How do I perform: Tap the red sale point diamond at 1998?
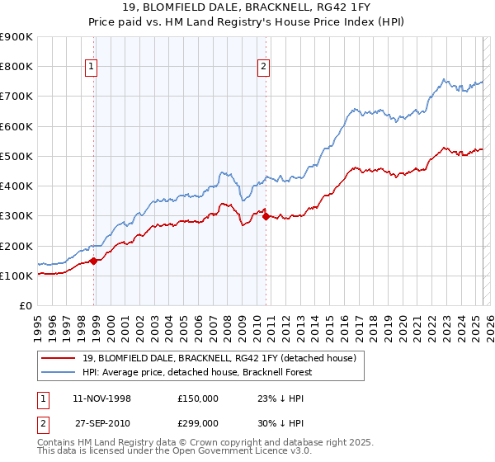pyautogui.click(x=93, y=261)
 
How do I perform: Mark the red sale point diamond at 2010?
pyautogui.click(x=266, y=216)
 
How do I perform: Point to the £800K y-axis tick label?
pyautogui.click(x=16, y=67)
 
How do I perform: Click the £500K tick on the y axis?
pyautogui.click(x=16, y=156)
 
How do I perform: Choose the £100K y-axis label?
pyautogui.click(x=16, y=276)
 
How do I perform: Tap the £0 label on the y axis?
pyautogui.click(x=25, y=306)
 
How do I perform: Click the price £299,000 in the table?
pyautogui.click(x=198, y=422)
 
